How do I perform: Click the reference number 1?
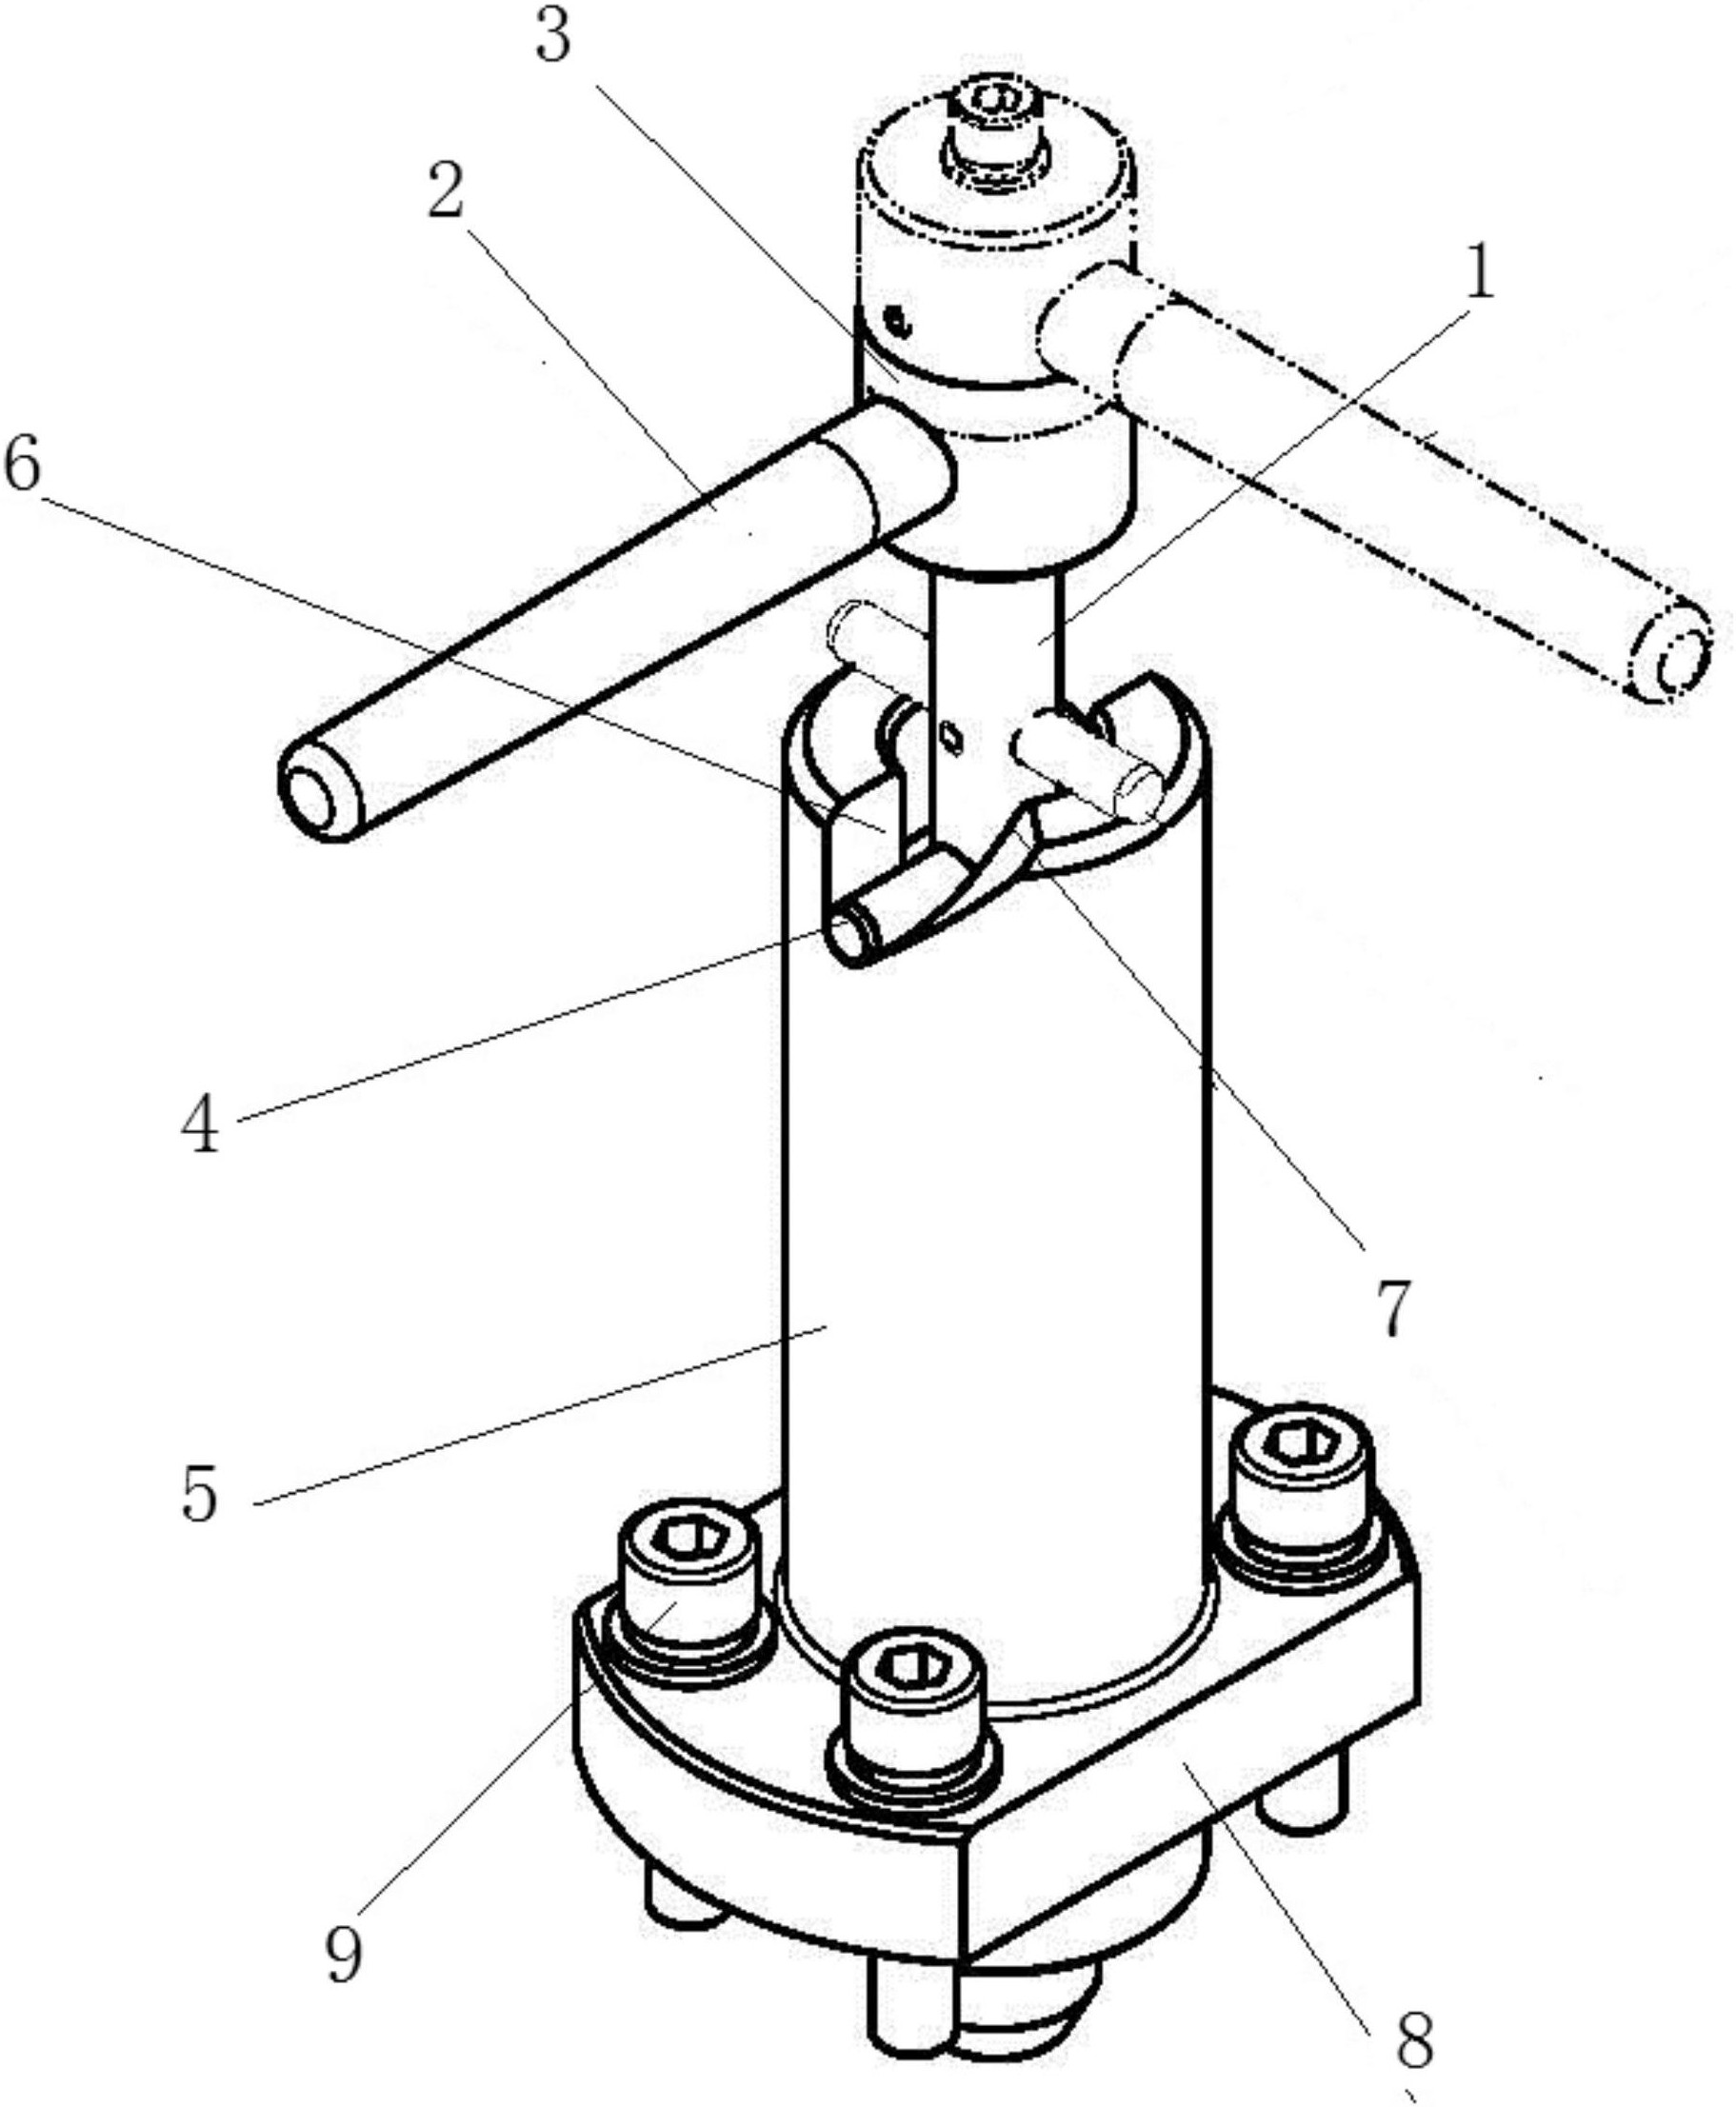1479,273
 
